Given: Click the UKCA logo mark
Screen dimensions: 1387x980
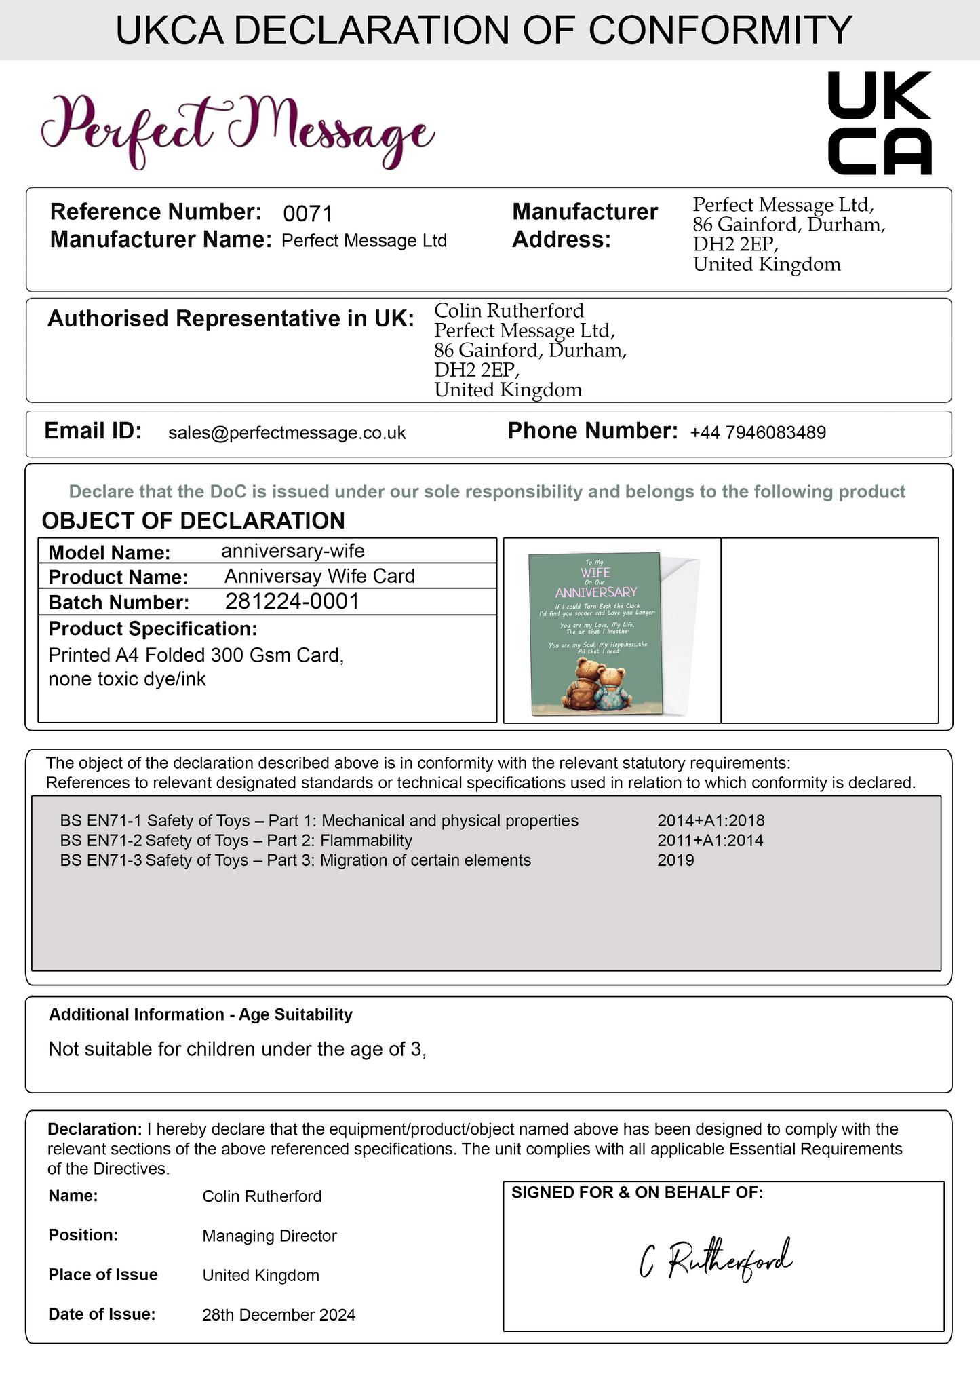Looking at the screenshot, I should (x=880, y=123).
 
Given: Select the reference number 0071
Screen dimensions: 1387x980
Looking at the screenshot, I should (x=307, y=214).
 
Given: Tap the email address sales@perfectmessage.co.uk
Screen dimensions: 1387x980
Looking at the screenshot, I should (x=287, y=433).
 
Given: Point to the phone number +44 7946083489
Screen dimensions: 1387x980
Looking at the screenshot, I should (x=758, y=433).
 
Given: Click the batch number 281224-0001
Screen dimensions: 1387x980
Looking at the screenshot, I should (x=292, y=602).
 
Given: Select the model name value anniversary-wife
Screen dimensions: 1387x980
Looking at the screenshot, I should (x=293, y=551).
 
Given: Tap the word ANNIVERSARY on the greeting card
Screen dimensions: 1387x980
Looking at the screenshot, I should (x=596, y=592).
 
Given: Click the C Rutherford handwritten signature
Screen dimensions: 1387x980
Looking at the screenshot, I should (x=716, y=1260).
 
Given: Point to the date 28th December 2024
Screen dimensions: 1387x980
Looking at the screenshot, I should (x=279, y=1315).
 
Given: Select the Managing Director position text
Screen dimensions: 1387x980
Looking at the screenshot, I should (x=269, y=1236).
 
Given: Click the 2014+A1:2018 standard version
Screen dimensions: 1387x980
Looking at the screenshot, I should (x=711, y=821).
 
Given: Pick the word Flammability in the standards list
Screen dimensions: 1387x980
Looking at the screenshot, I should (x=366, y=841).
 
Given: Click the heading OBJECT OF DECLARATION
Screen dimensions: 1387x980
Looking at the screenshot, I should (x=193, y=520).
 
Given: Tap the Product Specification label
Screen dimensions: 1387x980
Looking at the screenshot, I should (x=153, y=629).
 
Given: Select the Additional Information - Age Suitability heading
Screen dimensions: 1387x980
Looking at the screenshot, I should (x=201, y=1014).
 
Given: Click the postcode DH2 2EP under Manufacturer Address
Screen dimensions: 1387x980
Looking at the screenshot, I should (x=734, y=244).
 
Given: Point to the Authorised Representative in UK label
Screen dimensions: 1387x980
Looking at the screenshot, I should (x=231, y=318).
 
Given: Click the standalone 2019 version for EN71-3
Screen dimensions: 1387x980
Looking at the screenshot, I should (x=675, y=860).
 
